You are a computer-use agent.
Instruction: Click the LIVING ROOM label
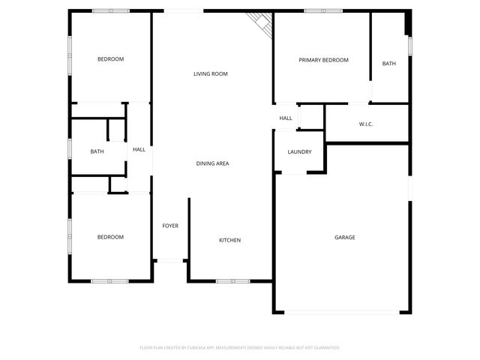tap(210, 73)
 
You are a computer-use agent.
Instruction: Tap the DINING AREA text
tap(212, 163)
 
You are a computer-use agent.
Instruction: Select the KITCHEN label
tap(229, 240)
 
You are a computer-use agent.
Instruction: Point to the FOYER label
tap(170, 226)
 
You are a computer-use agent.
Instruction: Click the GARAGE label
tap(344, 237)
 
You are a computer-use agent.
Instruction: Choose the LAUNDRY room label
tap(299, 152)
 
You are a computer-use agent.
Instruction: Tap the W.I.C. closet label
tap(366, 124)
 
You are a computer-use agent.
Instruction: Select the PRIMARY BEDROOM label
tap(323, 60)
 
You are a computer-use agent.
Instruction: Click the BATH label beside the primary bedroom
tap(388, 64)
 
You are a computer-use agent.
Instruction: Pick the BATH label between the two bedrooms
tap(97, 151)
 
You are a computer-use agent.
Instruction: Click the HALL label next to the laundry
tap(286, 118)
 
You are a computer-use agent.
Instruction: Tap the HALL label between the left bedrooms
tap(139, 150)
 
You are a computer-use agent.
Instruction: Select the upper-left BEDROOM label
tap(110, 58)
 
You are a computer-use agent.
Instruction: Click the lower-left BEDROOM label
tap(110, 237)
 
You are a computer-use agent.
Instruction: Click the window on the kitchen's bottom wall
tap(232, 281)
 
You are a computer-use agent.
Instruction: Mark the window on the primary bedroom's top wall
tap(323, 10)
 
